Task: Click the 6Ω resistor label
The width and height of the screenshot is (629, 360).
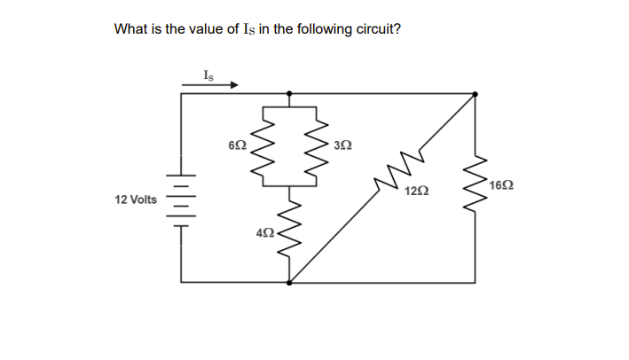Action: click(x=236, y=144)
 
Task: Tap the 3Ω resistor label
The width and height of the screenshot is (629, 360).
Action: click(x=343, y=144)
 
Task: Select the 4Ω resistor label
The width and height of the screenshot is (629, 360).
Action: click(x=263, y=233)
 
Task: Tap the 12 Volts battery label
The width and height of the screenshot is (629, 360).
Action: click(x=136, y=200)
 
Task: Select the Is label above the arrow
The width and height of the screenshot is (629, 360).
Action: click(x=208, y=74)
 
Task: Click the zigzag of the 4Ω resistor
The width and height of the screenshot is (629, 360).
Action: click(x=289, y=233)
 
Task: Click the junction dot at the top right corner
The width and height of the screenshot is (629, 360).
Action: click(x=475, y=93)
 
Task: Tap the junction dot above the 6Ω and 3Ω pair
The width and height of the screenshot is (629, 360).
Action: click(x=289, y=93)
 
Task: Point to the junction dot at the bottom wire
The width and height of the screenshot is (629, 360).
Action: click(x=289, y=282)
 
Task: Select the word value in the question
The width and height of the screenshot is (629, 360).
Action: click(x=202, y=29)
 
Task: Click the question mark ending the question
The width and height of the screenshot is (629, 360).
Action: click(x=397, y=29)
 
